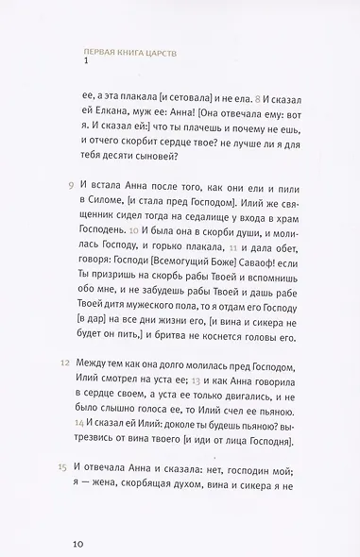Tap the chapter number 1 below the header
[86, 65]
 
